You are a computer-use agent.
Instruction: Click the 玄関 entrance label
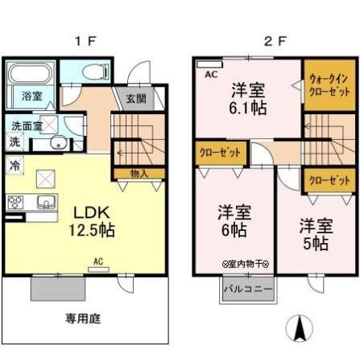(x=135, y=99)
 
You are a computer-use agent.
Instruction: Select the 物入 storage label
(x=139, y=173)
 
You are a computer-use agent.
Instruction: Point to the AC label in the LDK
(x=97, y=261)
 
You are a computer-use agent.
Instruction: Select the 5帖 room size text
(x=315, y=241)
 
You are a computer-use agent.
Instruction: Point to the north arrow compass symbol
(x=299, y=327)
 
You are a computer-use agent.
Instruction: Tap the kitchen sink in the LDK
(x=44, y=201)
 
